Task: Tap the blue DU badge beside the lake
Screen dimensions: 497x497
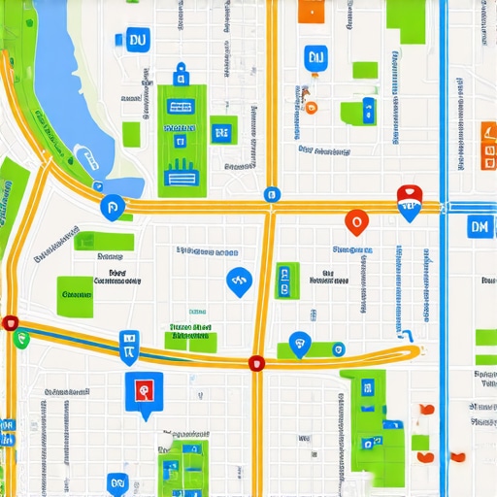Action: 136,40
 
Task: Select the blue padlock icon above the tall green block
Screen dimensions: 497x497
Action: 179,75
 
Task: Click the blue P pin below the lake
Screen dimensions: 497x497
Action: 112,206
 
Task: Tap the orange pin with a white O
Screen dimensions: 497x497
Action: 355,222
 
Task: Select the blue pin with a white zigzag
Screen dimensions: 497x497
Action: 236,282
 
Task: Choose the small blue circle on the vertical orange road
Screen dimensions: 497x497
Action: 272,194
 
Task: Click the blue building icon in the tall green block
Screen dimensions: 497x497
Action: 182,175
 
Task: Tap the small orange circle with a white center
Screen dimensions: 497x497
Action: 311,108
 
